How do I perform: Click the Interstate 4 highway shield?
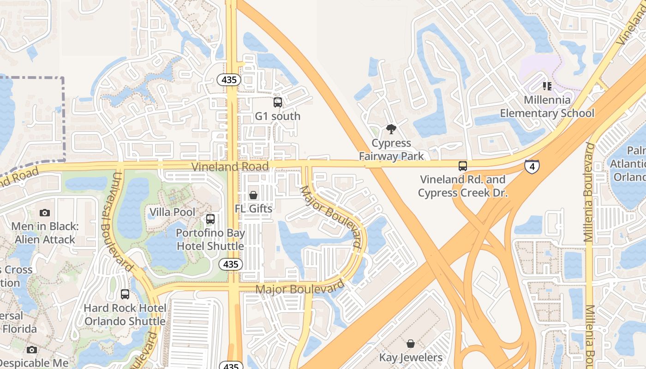tap(532, 167)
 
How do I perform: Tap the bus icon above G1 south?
tap(278, 102)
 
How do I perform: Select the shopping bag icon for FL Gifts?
tap(253, 195)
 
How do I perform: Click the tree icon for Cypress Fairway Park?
tap(391, 129)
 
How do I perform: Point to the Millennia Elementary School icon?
tap(547, 86)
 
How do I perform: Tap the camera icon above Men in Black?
tap(45, 213)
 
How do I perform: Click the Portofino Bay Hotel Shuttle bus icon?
tap(210, 219)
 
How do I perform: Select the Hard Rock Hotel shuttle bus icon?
tap(125, 294)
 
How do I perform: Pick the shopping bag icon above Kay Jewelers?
tap(411, 344)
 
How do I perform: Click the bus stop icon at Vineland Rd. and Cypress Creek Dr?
tap(463, 166)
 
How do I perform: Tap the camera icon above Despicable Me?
tap(32, 350)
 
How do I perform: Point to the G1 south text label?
tap(278, 116)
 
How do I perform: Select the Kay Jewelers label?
tap(411, 357)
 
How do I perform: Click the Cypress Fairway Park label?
tap(391, 149)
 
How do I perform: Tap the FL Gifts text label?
tap(254, 208)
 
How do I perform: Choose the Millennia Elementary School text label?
tap(547, 107)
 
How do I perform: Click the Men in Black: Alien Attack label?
tap(45, 233)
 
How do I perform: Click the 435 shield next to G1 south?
tap(229, 80)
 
